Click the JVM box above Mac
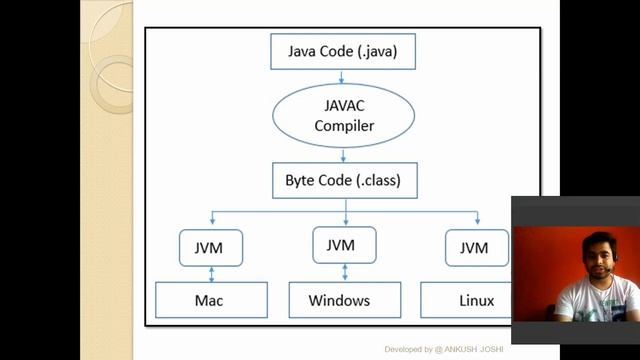click(x=211, y=247)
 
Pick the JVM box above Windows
click(x=345, y=245)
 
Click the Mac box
click(x=211, y=300)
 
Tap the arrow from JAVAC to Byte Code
click(x=343, y=155)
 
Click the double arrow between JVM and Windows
click(x=345, y=271)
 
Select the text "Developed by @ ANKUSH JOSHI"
click(x=445, y=349)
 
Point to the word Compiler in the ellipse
click(x=343, y=126)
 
